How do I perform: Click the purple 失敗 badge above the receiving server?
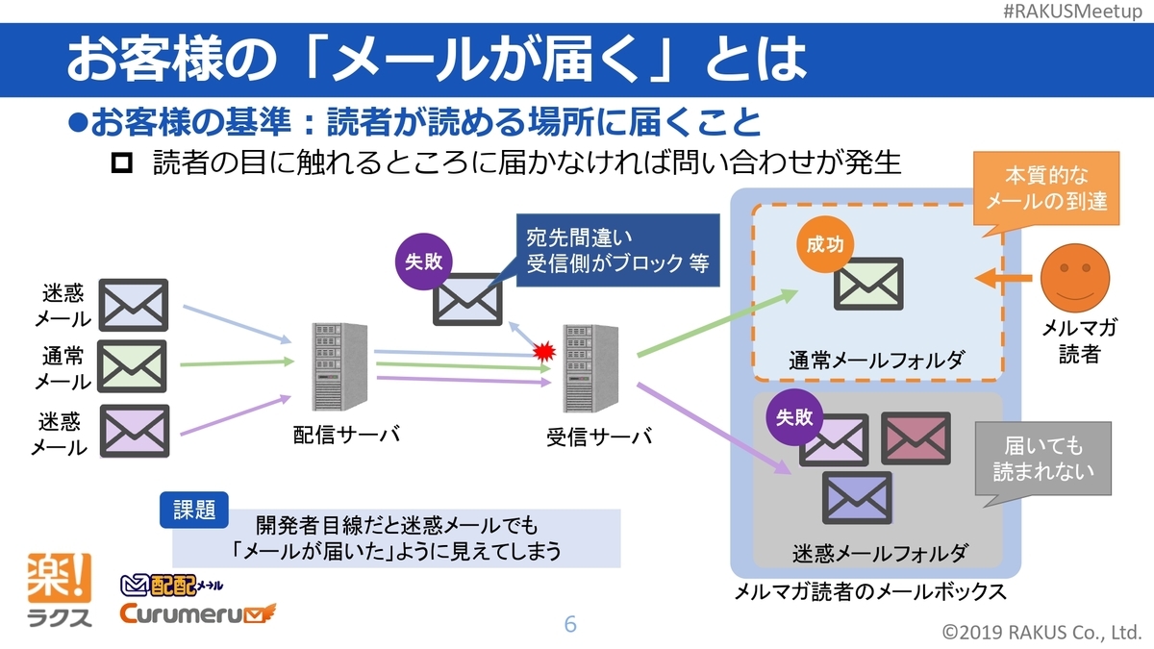[423, 262]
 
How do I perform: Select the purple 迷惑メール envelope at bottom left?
[134, 430]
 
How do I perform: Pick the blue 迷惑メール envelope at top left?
[134, 304]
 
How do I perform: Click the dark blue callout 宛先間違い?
[616, 248]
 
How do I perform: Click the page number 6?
[570, 625]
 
